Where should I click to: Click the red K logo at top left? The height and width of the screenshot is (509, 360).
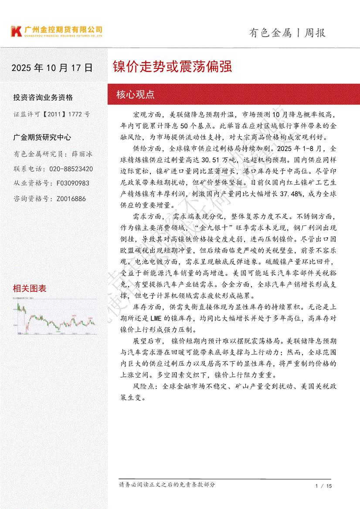point(16,31)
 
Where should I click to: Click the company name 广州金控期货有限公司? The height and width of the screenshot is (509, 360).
point(64,30)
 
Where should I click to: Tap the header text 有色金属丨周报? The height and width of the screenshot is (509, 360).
point(287,33)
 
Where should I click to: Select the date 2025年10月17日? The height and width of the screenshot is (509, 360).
point(52,68)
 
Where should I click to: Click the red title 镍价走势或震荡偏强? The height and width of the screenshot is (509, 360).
point(172,67)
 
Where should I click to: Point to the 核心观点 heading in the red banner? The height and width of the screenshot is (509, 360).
point(136,94)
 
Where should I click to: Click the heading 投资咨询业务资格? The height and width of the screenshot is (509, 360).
point(43,98)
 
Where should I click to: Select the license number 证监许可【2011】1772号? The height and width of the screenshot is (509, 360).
point(52,114)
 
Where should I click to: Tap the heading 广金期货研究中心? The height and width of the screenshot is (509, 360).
point(42,137)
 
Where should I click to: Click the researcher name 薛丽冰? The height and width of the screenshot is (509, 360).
point(82,154)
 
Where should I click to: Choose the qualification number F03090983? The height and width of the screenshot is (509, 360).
point(73,184)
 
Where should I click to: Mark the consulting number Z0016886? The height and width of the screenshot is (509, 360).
point(71,199)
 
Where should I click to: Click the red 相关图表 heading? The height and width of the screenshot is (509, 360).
point(30,288)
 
